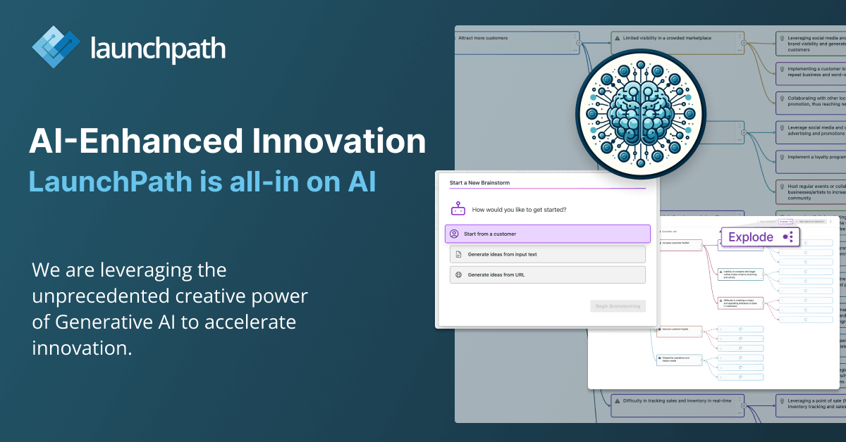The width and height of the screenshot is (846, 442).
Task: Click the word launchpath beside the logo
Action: pyautogui.click(x=158, y=49)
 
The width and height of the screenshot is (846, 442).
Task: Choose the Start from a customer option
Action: pyautogui.click(x=547, y=234)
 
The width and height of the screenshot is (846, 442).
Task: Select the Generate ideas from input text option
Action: pyautogui.click(x=547, y=254)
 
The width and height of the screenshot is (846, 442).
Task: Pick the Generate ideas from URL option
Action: pyautogui.click(x=547, y=274)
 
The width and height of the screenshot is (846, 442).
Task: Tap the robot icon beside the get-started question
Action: pyautogui.click(x=458, y=209)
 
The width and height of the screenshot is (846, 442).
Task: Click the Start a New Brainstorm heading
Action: pyautogui.click(x=479, y=183)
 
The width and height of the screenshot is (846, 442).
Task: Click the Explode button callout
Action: pyautogui.click(x=760, y=237)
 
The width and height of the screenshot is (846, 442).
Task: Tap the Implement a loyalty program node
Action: pyautogui.click(x=811, y=158)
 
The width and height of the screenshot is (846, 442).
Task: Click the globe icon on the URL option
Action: pyautogui.click(x=458, y=274)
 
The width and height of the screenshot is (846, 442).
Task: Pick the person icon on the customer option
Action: pyautogui.click(x=455, y=234)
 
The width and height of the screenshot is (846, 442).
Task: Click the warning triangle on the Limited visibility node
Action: pyautogui.click(x=616, y=38)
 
